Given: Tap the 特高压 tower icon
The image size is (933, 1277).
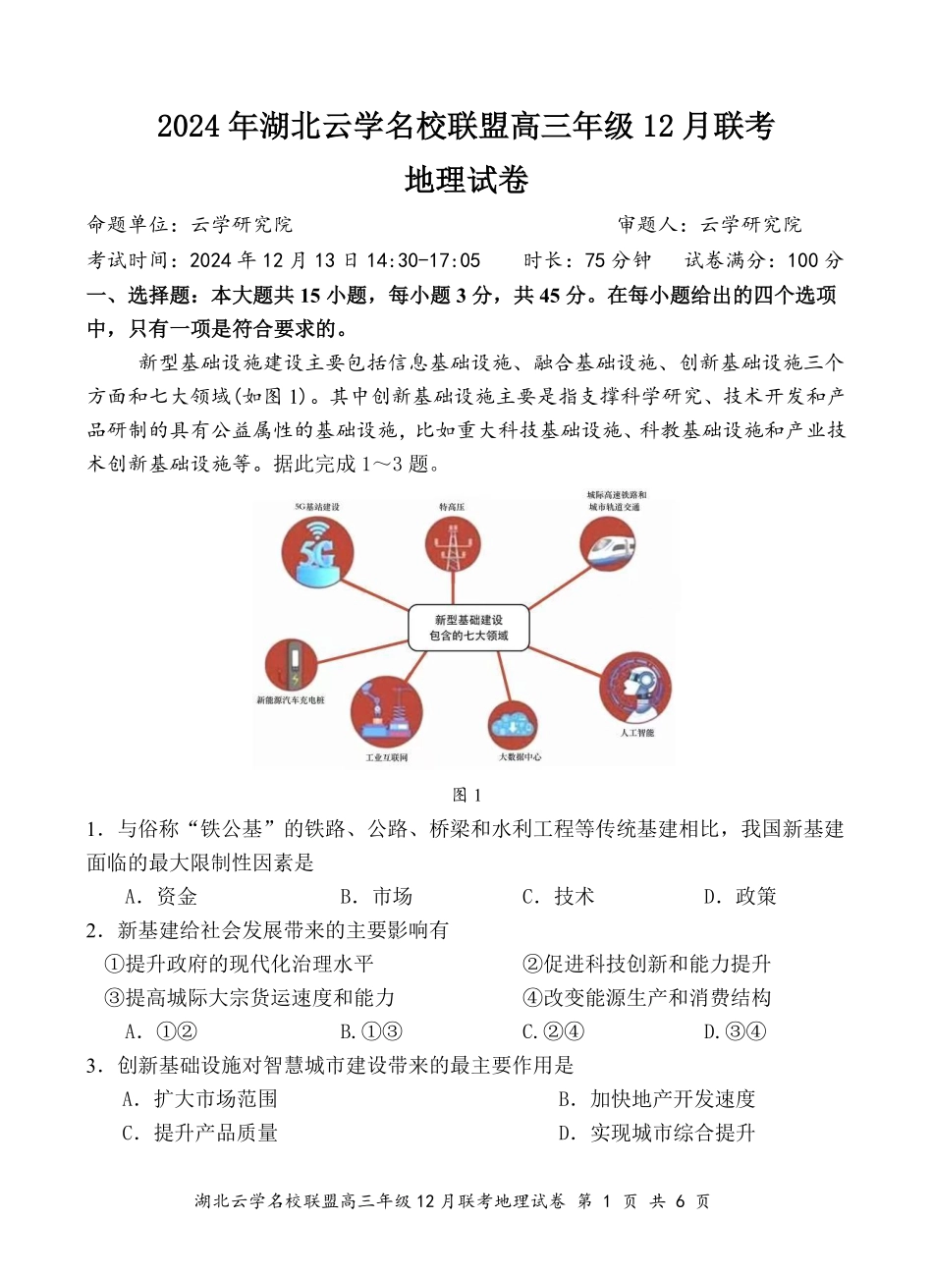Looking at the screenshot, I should pyautogui.click(x=453, y=547).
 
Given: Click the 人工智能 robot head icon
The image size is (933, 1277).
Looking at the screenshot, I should pyautogui.click(x=634, y=688).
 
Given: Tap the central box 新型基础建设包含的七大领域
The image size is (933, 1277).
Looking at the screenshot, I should pyautogui.click(x=468, y=628).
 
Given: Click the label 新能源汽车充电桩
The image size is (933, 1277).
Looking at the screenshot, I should pyautogui.click(x=291, y=699).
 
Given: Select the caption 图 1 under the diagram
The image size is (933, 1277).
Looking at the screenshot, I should pyautogui.click(x=466, y=795).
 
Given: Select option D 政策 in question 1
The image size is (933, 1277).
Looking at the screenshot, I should pyautogui.click(x=741, y=896).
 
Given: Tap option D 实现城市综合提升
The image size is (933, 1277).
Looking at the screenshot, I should pyautogui.click(x=657, y=1133).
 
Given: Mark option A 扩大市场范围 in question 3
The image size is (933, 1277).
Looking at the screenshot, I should pyautogui.click(x=200, y=1099).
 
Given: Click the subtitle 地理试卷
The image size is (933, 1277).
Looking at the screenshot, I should pyautogui.click(x=466, y=180).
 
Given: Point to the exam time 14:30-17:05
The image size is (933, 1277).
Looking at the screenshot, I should pyautogui.click(x=423, y=260).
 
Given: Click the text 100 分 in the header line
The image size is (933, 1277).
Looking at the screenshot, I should pyautogui.click(x=815, y=260).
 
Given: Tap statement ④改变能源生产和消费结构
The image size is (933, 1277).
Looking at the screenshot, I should pyautogui.click(x=647, y=997).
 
